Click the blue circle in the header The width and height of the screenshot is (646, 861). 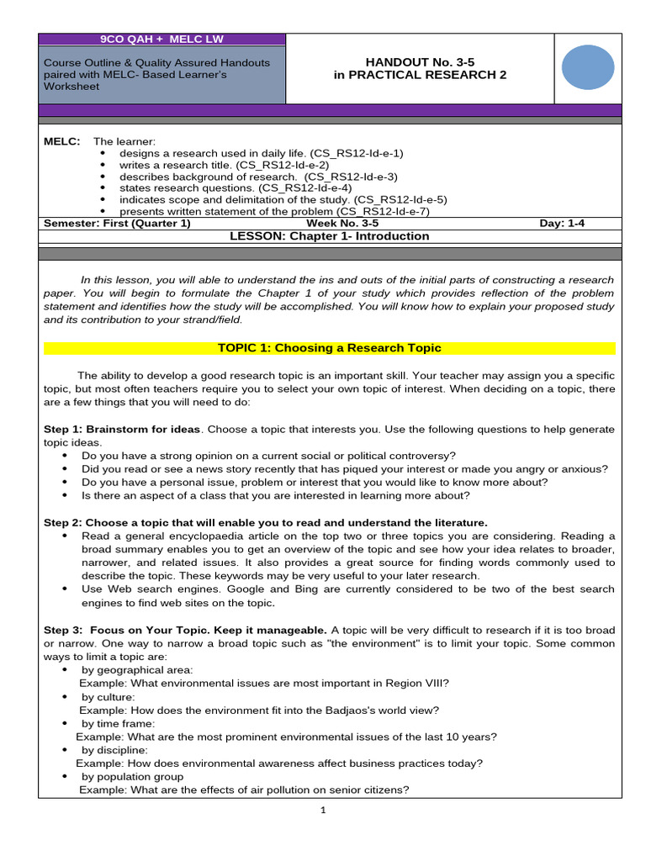pos(587,68)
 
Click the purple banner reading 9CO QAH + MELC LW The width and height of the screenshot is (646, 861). pos(163,40)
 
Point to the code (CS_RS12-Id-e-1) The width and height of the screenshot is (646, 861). pos(357,153)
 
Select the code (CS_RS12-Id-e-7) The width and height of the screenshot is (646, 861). pos(383,211)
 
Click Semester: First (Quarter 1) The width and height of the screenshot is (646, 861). pos(117,224)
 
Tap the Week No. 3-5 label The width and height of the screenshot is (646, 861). pos(342,224)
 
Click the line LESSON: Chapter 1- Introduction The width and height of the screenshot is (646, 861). pos(329,236)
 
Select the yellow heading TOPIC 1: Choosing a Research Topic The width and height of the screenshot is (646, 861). pos(329,348)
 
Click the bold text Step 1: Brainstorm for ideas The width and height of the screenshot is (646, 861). pos(122,429)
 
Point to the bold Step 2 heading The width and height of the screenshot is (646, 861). pos(265,522)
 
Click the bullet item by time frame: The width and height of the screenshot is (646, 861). pos(118,723)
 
